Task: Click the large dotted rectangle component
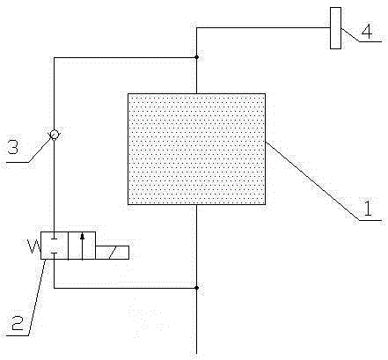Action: pos(196,149)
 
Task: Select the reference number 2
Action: pos(18,323)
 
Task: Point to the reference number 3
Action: pos(12,147)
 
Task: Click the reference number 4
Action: pos(367,32)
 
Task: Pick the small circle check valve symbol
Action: pos(55,135)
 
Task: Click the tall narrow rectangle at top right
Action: pos(335,28)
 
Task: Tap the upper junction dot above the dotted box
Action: pos(196,57)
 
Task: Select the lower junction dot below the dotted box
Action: pos(196,288)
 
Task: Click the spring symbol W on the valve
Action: pos(33,246)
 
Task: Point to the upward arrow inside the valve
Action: pos(82,246)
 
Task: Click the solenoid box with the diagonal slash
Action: pos(112,253)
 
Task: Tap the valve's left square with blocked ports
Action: pos(55,246)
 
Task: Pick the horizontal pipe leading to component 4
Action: pos(263,28)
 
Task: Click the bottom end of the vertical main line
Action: pos(196,354)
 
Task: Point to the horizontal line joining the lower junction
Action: pos(125,288)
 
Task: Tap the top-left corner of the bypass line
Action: pos(55,57)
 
